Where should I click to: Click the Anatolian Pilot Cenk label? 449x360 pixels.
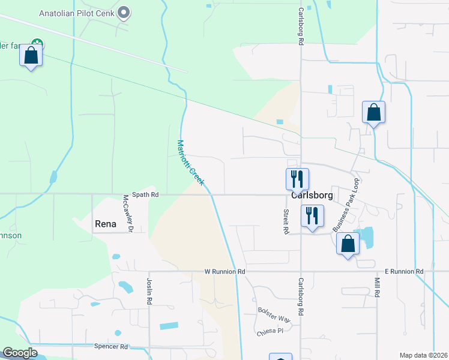click(77, 13)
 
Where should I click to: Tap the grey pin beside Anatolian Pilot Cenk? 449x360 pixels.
click(124, 12)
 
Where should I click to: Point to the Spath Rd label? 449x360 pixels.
click(146, 195)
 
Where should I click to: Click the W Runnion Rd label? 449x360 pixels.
click(225, 272)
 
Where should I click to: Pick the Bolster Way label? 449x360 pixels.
click(274, 315)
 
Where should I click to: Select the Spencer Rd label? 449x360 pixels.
click(111, 347)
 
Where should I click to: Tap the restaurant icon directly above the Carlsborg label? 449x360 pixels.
click(297, 178)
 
